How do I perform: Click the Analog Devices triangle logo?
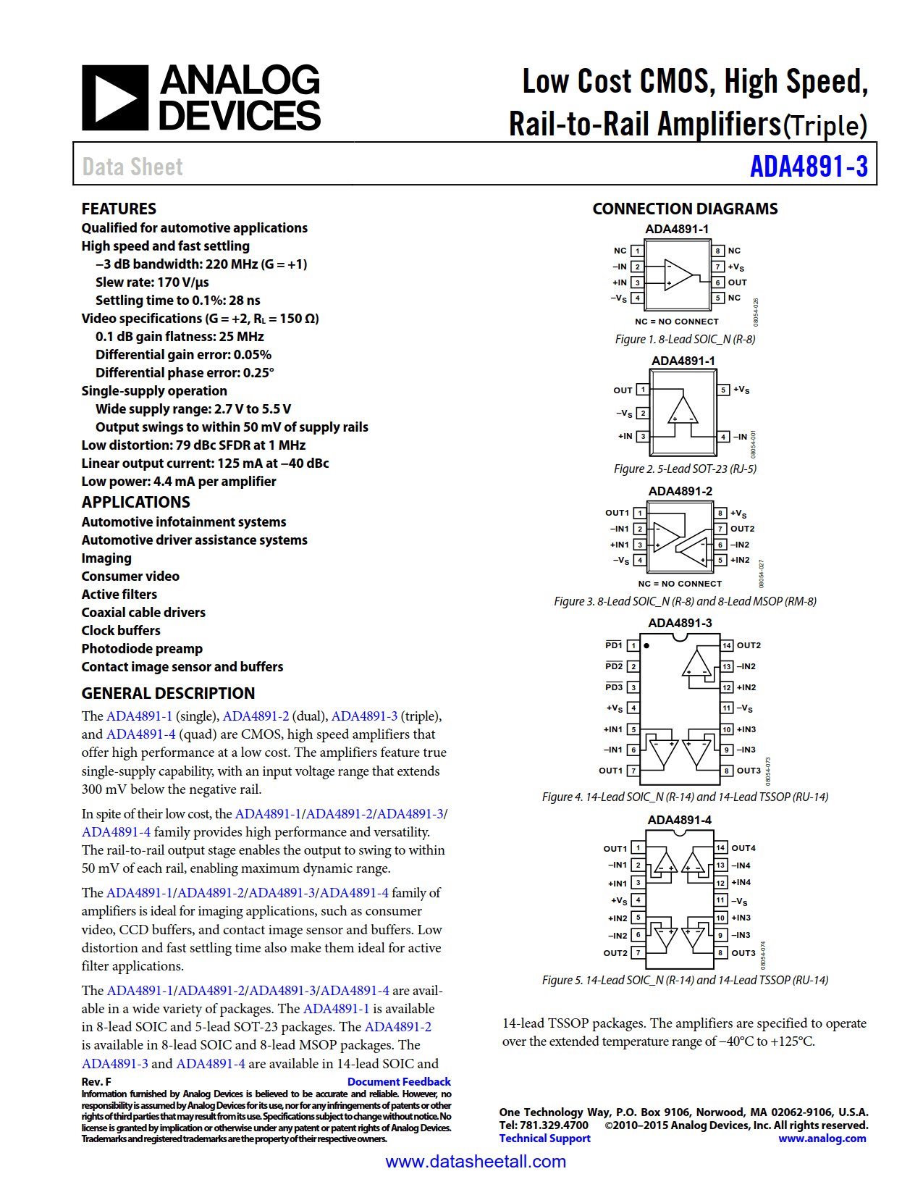115,98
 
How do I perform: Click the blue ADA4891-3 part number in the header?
808,167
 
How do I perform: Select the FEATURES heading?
119,209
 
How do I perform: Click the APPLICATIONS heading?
135,502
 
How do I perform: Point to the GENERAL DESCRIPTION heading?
168,693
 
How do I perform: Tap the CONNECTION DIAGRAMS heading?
684,209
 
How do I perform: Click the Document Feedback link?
399,1081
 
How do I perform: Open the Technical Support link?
544,1138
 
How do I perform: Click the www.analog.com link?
822,1138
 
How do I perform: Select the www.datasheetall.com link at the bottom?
476,1162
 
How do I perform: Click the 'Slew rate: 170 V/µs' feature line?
152,282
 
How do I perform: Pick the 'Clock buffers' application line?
121,630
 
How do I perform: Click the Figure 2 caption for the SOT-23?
685,469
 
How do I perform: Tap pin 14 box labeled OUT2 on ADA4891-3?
727,645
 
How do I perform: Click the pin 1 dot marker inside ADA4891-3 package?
646,645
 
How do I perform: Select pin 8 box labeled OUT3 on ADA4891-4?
721,952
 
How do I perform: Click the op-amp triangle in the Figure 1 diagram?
678,274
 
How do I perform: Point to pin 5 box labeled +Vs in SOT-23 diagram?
723,390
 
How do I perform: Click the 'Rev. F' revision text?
96,1081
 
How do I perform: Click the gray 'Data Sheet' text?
132,167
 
